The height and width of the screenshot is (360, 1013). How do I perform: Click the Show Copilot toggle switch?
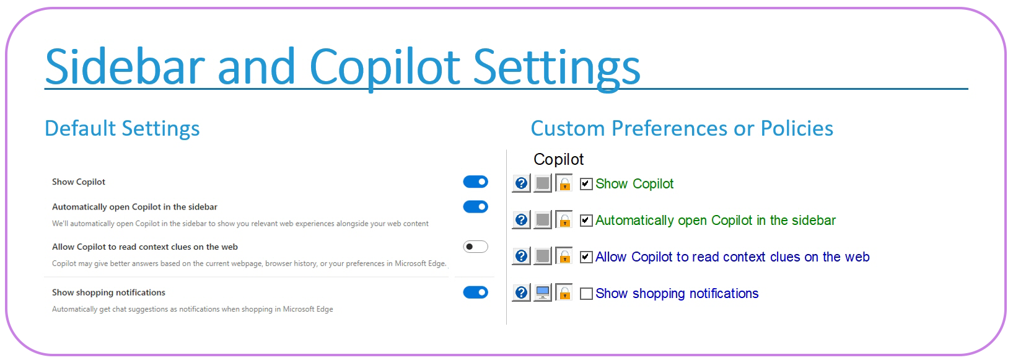pos(475,182)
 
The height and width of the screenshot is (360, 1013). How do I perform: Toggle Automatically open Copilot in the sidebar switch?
pos(475,207)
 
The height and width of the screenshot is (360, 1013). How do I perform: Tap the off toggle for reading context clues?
pos(475,247)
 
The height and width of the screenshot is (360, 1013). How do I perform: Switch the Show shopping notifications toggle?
pos(475,292)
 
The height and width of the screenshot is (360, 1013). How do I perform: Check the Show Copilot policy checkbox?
pos(586,184)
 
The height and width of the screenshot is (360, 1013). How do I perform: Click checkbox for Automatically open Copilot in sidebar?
pos(586,221)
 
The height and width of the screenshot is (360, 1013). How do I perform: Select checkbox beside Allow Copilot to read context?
pos(586,257)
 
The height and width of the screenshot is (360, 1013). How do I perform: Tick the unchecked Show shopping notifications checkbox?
pos(586,294)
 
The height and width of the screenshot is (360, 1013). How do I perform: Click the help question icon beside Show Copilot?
pos(522,183)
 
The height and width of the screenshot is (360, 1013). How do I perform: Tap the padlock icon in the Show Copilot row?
pos(564,183)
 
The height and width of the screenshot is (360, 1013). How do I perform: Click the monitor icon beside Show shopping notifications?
pos(543,292)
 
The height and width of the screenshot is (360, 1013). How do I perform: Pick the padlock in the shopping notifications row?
pos(564,292)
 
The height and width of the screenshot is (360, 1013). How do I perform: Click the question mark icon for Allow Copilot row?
pos(522,256)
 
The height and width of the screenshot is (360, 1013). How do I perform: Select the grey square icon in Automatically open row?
pos(543,219)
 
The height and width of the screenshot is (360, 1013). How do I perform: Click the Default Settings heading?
pos(122,128)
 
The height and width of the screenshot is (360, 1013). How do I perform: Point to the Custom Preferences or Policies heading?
pos(682,128)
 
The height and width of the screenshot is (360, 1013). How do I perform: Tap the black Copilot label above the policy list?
pos(558,159)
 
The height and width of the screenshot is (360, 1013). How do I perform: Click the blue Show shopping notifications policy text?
pos(677,294)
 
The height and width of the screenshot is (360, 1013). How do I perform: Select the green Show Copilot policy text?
pos(634,184)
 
